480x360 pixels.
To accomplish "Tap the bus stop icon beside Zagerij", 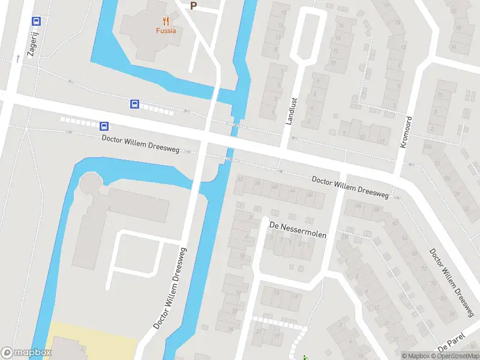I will click(x=36, y=22).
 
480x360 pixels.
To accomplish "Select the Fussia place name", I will click(x=166, y=31).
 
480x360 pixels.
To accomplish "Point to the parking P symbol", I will click(x=193, y=6).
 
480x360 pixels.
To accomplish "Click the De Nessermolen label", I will click(x=298, y=230).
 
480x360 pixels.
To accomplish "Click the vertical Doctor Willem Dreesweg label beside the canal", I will click(x=170, y=288).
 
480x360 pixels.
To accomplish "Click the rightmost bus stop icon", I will click(x=136, y=104).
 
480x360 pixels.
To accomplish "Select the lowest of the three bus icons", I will click(x=104, y=126).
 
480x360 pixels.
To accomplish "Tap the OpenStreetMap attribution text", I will click(x=455, y=356).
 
